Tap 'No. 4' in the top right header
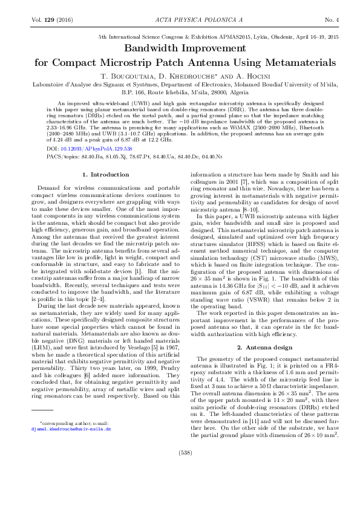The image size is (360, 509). (x=331, y=20)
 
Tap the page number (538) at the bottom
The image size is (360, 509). (x=180, y=468)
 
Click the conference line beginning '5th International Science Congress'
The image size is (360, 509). (x=218, y=37)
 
